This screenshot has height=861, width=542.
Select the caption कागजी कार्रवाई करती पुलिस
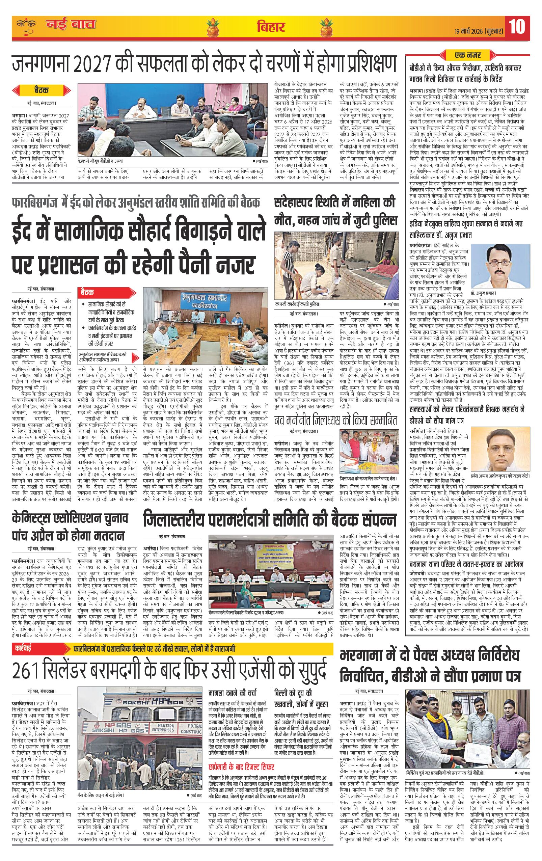coord(297,304)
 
